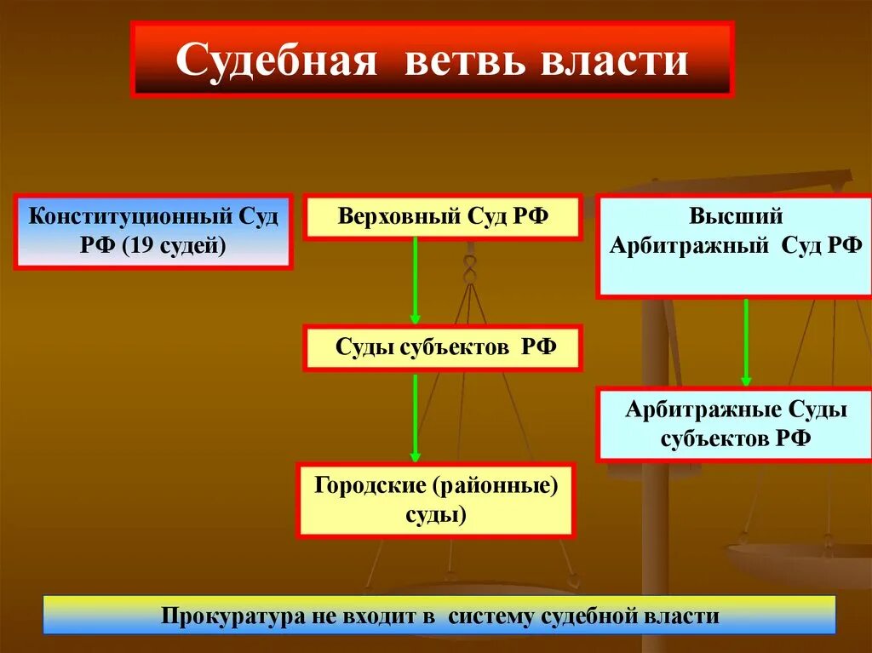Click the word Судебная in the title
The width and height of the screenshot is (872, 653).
point(277,61)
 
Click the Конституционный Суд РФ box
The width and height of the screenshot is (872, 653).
point(153,232)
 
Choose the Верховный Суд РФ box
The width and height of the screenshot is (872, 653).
point(443,217)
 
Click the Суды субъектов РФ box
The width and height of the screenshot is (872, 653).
point(443,347)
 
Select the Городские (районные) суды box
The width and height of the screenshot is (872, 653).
point(435,501)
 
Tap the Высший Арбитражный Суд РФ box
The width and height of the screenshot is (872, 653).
point(734,246)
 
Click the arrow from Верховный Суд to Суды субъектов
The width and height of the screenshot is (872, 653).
point(416,281)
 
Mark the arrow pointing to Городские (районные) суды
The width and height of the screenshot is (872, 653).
point(416,417)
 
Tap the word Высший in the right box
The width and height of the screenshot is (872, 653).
point(735,217)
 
